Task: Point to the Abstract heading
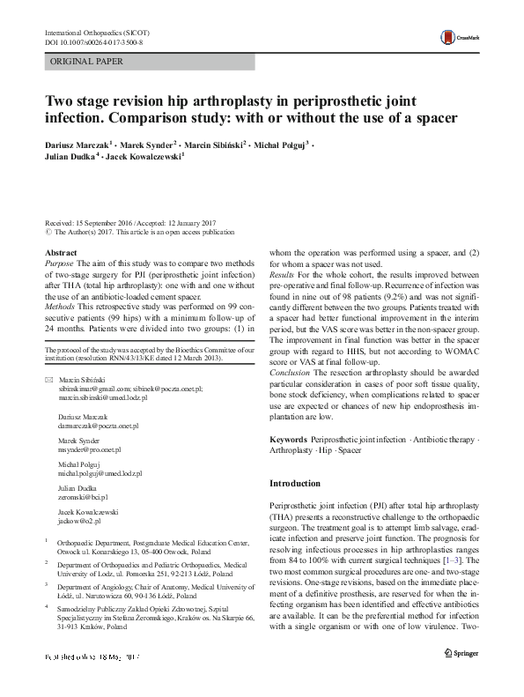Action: pyautogui.click(x=60, y=252)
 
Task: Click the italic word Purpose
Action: pyautogui.click(x=59, y=263)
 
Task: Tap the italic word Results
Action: pyautogui.click(x=284, y=276)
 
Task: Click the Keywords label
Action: pyautogui.click(x=288, y=438)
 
